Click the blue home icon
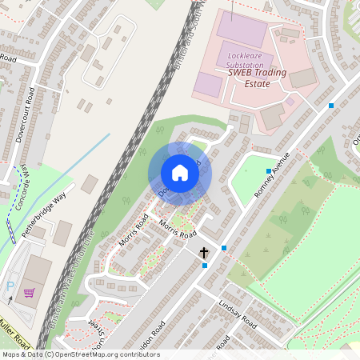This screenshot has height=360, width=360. point(180,173)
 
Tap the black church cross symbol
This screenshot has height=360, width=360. point(204,253)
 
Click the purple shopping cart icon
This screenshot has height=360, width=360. point(30,294)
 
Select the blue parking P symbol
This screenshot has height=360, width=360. point(10,286)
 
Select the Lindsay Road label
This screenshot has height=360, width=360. point(236,315)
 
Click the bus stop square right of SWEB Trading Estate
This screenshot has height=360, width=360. point(330,106)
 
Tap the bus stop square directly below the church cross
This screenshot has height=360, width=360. point(205,266)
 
